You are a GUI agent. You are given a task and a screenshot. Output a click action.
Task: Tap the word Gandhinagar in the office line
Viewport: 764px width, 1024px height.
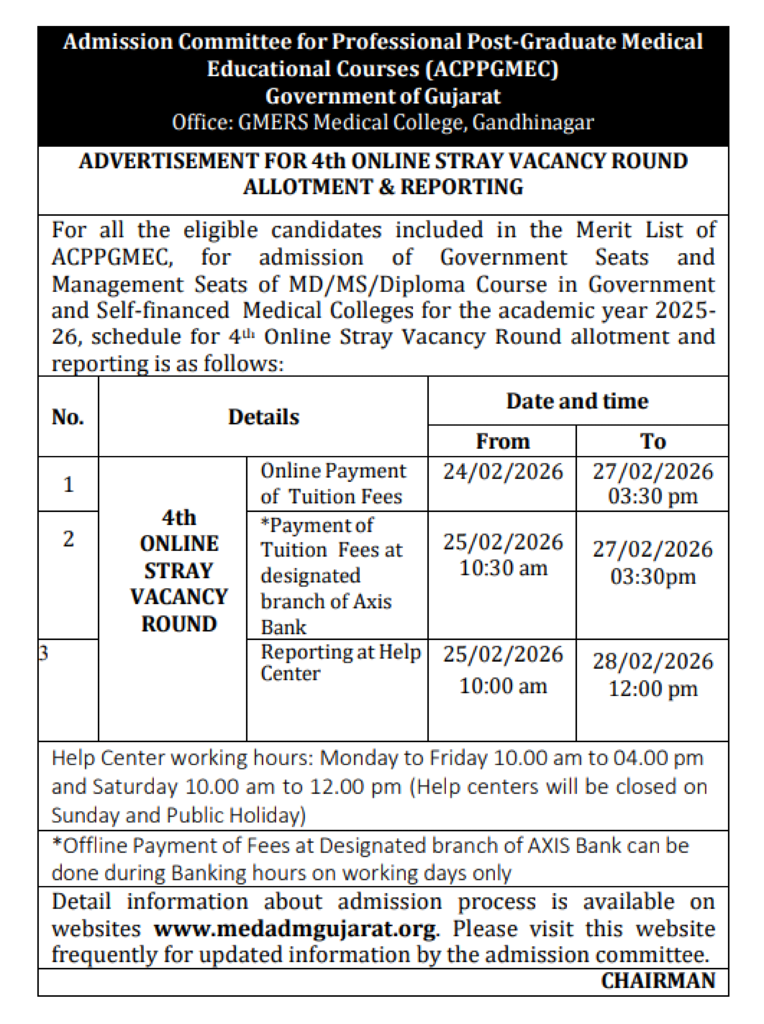533,123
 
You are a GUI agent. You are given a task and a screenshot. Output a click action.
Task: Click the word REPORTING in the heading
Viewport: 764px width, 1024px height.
461,187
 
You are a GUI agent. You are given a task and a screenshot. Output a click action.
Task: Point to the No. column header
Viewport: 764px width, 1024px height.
68,417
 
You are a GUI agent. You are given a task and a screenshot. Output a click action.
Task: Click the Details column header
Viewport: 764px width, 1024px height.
264,417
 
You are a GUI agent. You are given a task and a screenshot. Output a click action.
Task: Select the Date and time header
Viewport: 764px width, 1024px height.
577,401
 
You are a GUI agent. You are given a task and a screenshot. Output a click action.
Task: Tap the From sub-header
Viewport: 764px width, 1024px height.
503,442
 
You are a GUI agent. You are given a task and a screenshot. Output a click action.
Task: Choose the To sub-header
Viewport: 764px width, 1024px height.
652,442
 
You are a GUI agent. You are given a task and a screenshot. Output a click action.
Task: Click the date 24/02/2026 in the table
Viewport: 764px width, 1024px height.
503,472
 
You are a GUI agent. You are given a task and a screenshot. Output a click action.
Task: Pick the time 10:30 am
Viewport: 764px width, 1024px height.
503,568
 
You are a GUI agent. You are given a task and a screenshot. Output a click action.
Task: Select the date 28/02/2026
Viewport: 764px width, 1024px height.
652,661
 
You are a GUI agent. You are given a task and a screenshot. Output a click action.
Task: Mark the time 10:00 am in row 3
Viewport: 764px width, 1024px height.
503,686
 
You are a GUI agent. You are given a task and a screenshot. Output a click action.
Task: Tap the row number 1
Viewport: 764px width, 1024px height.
68,484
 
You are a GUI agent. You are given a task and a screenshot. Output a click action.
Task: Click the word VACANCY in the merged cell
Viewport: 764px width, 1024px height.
179,597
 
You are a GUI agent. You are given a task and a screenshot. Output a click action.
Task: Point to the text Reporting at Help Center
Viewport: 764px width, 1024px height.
340,662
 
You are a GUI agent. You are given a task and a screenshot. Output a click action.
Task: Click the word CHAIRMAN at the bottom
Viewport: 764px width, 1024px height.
658,980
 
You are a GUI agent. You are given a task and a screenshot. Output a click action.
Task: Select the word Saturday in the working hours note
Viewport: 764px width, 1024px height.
135,787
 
